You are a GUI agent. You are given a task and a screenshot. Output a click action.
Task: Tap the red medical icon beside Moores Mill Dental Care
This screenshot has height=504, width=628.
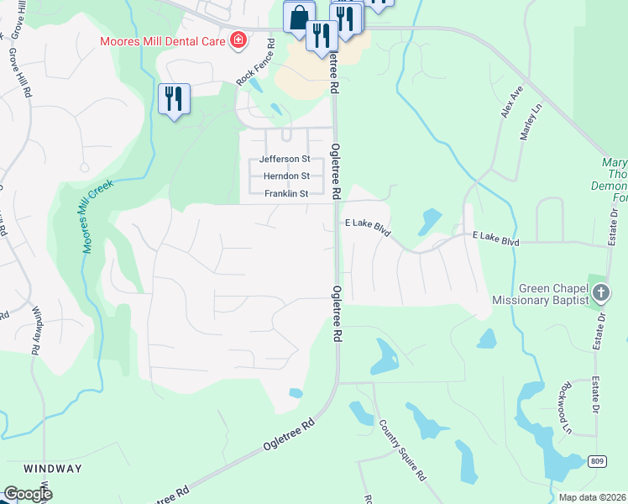tap(238, 40)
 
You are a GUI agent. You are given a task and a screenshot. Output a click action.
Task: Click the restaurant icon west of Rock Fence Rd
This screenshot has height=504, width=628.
tap(175, 99)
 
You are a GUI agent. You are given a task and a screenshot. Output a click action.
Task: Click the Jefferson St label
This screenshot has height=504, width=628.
tap(285, 159)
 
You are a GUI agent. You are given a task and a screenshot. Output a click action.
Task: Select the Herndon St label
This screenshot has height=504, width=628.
tap(287, 176)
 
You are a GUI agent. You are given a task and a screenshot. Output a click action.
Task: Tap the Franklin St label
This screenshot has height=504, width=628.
tap(286, 194)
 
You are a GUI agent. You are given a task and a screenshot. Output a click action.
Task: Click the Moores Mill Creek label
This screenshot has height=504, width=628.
tap(97, 215)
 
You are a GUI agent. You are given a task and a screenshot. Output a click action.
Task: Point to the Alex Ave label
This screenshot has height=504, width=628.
tap(513, 102)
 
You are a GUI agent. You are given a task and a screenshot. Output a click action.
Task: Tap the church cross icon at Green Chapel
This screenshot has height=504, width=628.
tap(600, 292)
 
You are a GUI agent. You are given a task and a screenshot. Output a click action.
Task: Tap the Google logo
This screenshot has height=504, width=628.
tap(28, 494)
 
